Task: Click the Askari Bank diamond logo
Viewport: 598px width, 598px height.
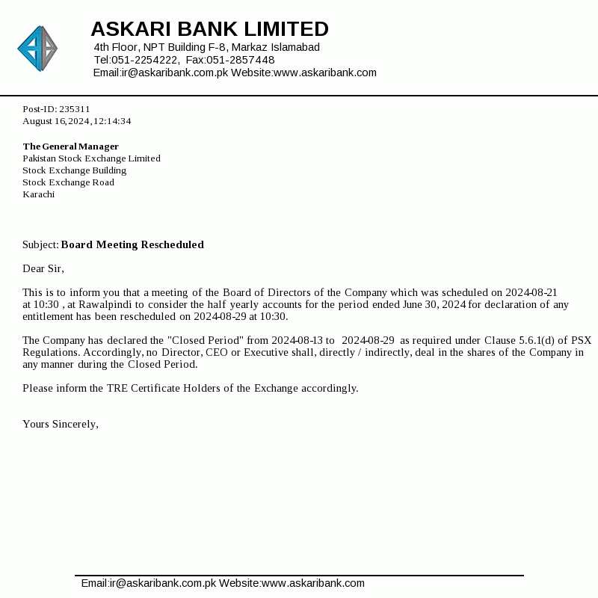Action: point(37,49)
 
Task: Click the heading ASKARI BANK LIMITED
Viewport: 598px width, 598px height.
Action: point(209,29)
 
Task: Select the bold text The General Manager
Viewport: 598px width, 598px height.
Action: point(71,147)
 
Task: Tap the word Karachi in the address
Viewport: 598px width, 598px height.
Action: point(39,194)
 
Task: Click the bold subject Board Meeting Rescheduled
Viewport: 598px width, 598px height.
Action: point(132,244)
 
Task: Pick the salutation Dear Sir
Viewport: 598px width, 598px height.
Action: point(43,268)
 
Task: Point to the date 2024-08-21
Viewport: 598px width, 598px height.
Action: point(531,292)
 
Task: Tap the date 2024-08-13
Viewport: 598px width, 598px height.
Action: point(298,340)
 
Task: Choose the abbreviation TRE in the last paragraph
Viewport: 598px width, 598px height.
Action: point(117,388)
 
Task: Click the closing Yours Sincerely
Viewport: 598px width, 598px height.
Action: point(61,424)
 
